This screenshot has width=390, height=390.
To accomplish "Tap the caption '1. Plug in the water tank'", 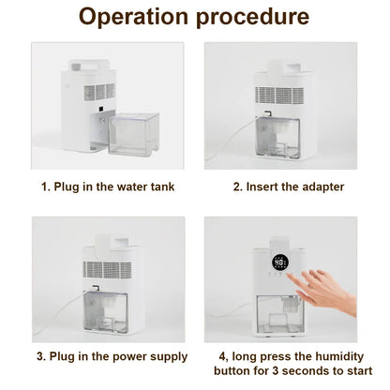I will [x=108, y=187].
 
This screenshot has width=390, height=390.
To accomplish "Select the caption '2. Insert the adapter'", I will [x=288, y=187].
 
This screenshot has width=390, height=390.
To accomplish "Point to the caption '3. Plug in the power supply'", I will [x=112, y=356].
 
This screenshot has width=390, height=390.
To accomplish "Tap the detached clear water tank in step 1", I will [x=133, y=132].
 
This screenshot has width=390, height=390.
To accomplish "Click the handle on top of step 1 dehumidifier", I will [x=89, y=67].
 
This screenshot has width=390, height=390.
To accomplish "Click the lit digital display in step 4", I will [x=280, y=262].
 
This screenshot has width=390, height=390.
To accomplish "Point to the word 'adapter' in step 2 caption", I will [x=319, y=187].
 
